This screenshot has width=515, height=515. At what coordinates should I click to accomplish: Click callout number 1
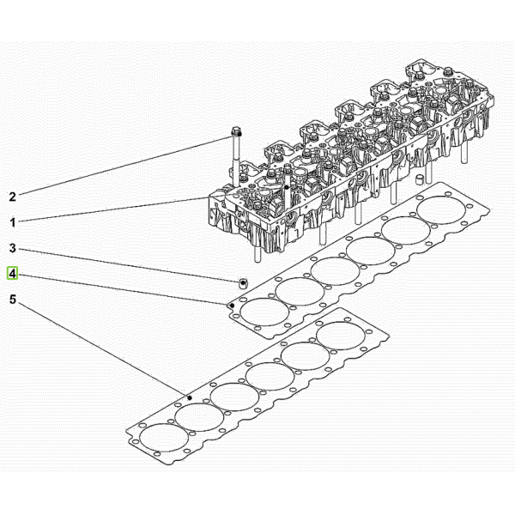[13, 222]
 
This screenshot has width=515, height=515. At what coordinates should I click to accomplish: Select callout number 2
[13, 197]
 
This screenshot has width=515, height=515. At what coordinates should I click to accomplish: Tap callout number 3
[13, 248]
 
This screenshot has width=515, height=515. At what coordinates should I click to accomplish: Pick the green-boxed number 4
[13, 273]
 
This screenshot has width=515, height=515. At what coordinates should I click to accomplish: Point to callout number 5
[13, 300]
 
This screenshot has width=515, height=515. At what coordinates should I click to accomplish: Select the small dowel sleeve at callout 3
[243, 283]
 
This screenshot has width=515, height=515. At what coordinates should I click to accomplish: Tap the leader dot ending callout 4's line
[232, 306]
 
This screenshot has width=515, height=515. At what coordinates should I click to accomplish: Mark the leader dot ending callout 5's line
[190, 397]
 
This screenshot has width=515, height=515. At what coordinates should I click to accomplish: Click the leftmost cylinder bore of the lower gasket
[164, 438]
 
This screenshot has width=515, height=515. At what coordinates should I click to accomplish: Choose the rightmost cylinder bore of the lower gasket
[341, 336]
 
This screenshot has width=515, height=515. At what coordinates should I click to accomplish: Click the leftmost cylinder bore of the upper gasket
[264, 312]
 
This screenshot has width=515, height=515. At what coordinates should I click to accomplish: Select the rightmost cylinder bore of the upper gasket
[441, 210]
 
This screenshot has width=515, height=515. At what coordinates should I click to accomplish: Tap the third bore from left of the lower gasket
[235, 397]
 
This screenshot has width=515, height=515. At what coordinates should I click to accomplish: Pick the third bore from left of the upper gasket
[335, 271]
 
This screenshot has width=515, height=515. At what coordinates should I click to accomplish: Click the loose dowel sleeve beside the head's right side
[420, 180]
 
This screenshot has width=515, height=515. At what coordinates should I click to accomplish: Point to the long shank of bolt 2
[236, 161]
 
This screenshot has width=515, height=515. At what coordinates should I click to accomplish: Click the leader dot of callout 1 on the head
[287, 187]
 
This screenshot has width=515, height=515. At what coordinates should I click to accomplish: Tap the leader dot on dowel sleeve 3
[243, 282]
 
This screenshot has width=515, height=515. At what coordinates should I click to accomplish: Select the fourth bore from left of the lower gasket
[270, 377]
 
